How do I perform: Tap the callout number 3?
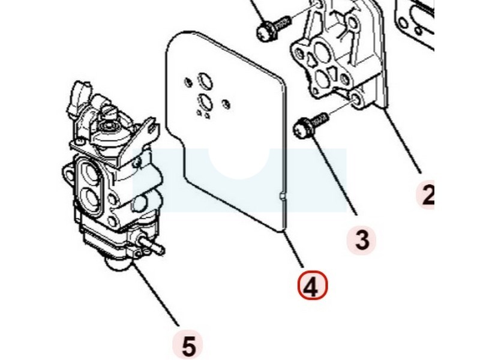click(x=362, y=239)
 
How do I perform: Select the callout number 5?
click(x=188, y=346)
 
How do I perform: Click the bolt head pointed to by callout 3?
click(x=303, y=129)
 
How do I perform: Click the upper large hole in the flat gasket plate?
click(x=205, y=80)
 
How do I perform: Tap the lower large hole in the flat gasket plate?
click(x=205, y=101)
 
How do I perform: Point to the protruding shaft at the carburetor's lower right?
click(x=151, y=244)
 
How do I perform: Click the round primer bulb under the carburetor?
click(x=118, y=264)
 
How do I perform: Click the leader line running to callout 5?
click(x=156, y=293)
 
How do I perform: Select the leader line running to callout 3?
click(x=334, y=175)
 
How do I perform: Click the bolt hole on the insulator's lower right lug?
click(x=356, y=100)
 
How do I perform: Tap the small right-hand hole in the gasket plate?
click(x=227, y=104)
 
